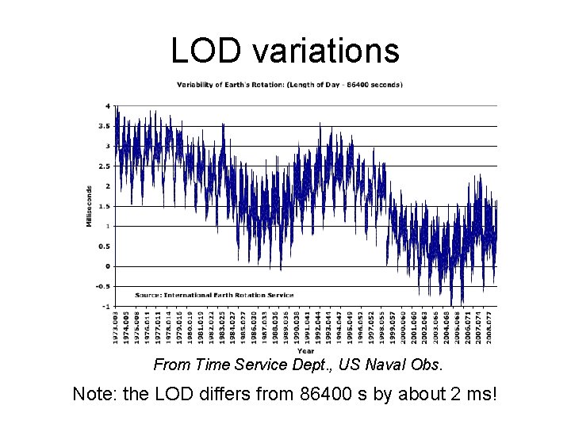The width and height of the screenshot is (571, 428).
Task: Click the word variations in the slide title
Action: click(x=326, y=52)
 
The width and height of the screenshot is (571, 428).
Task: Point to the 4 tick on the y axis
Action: click(x=108, y=106)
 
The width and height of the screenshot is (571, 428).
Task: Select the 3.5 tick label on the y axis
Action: click(x=104, y=126)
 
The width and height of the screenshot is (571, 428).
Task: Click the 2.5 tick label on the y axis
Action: click(x=104, y=166)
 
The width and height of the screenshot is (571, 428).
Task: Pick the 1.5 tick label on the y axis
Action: click(x=104, y=206)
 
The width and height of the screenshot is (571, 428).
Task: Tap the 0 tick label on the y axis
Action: click(x=108, y=266)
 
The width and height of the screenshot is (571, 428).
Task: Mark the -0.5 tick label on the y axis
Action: click(x=102, y=286)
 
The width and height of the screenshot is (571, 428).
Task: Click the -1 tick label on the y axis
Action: click(x=106, y=306)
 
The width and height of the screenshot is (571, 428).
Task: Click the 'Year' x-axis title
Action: click(x=305, y=350)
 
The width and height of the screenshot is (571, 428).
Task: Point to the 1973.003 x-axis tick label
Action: click(x=117, y=327)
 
